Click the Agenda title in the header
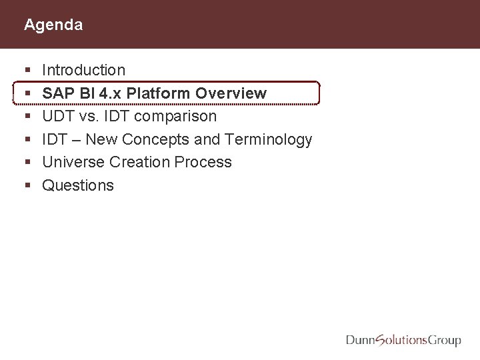pyautogui.click(x=53, y=25)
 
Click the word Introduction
pyautogui.click(x=83, y=70)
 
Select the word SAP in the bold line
pyautogui.click(x=57, y=93)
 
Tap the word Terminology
pyautogui.click(x=269, y=139)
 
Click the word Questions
pyautogui.click(x=78, y=185)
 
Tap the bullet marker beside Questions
pyautogui.click(x=26, y=186)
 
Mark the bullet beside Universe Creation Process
pyautogui.click(x=26, y=163)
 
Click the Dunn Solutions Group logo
pyautogui.click(x=403, y=340)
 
